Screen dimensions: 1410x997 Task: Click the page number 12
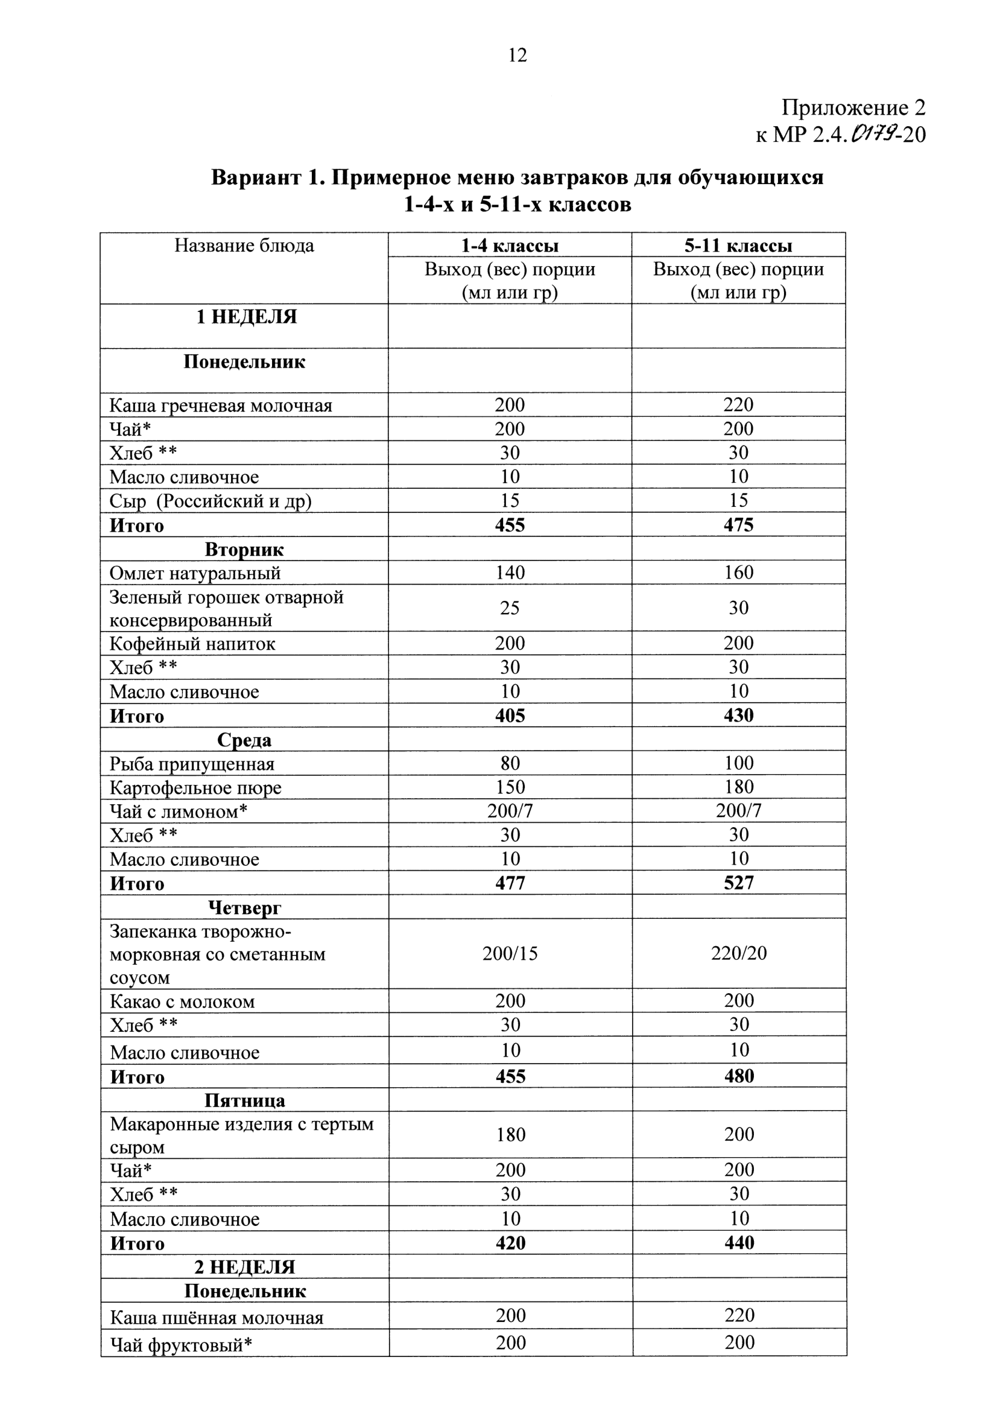point(517,56)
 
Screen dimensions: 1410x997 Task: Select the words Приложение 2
point(853,107)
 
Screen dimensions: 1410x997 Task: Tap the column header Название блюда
point(244,246)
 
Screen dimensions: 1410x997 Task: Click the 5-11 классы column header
point(738,246)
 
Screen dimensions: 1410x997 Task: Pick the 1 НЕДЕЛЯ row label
point(246,317)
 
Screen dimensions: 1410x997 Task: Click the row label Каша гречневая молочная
point(220,405)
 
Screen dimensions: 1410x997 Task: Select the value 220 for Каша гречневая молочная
point(738,405)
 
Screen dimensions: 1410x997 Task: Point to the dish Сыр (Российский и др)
point(210,501)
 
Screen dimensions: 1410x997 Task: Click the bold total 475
point(738,525)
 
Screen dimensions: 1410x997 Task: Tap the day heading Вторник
point(244,549)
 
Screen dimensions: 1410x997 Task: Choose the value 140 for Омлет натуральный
point(510,573)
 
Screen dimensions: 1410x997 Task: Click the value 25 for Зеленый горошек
point(510,608)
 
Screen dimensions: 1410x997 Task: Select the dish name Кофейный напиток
point(192,644)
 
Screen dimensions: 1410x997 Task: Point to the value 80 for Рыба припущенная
point(510,763)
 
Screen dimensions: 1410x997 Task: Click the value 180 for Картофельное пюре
point(738,787)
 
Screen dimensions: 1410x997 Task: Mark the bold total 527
point(738,883)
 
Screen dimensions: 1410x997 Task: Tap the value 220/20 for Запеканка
point(738,953)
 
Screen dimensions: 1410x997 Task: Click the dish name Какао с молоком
point(182,1002)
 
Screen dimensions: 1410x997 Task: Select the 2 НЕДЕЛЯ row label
point(244,1267)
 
